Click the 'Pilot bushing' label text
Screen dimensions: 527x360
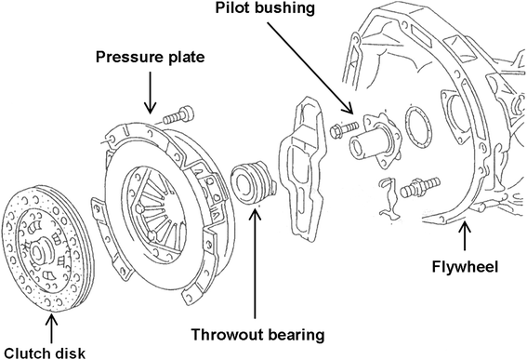pos(265,7)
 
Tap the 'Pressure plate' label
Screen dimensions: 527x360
pos(151,57)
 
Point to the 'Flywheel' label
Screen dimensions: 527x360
pos(465,266)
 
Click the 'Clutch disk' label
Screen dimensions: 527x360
pos(45,353)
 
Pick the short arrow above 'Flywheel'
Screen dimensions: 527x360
pos(465,236)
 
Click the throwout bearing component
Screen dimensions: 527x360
pos(253,181)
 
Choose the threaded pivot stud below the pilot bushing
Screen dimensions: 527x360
pos(420,187)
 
